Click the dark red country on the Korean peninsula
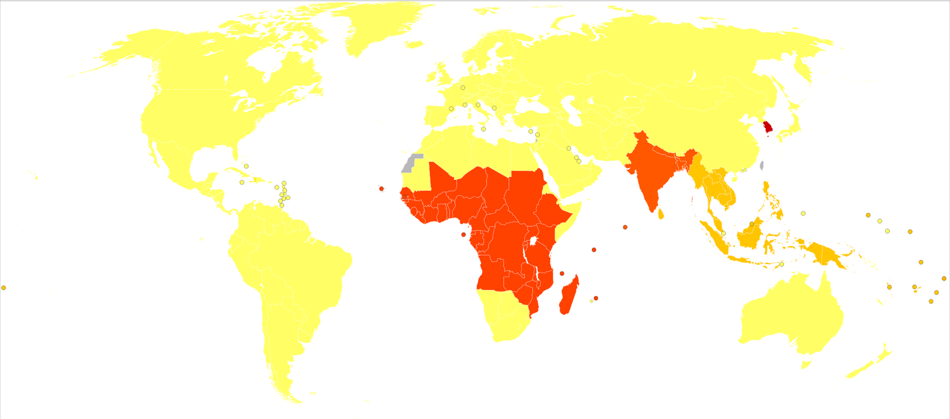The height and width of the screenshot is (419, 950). point(768,127)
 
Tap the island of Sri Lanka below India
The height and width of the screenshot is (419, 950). point(661,213)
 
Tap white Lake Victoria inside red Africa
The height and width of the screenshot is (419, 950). point(534,241)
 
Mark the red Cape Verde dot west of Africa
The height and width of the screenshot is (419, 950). point(381,189)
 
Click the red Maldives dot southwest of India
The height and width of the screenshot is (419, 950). point(625,227)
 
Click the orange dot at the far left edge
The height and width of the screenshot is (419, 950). point(4,288)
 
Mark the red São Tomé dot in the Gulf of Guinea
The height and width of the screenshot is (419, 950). point(463,234)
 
